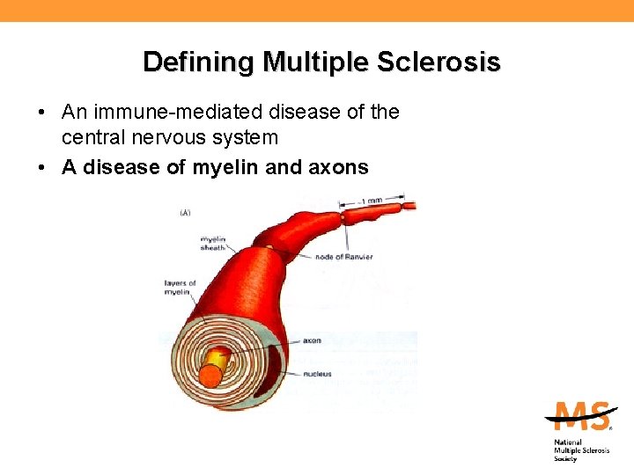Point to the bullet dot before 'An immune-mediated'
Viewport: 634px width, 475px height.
coord(42,113)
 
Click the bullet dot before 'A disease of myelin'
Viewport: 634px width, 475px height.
coord(42,167)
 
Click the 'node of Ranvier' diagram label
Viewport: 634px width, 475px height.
coord(344,257)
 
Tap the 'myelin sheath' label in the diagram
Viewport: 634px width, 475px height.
coord(214,244)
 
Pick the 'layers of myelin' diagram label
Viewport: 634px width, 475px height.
coord(181,288)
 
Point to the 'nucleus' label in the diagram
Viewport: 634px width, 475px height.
coord(316,374)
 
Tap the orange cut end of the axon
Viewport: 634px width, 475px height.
coord(210,376)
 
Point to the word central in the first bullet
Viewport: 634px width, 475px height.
coord(92,138)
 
